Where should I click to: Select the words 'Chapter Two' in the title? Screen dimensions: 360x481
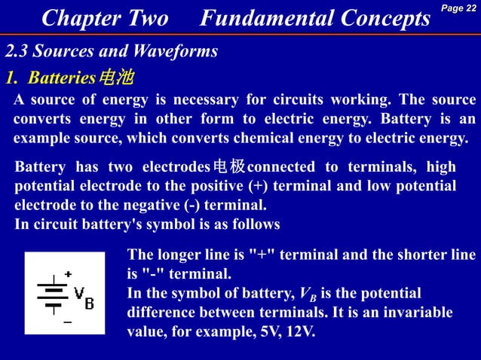[x=105, y=19]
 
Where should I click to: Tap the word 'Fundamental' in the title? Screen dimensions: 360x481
[x=261, y=19]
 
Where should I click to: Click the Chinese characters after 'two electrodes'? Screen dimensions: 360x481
[x=229, y=167]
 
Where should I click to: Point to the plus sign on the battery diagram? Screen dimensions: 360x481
[x=68, y=275]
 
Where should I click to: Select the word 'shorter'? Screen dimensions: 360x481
[x=415, y=255]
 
